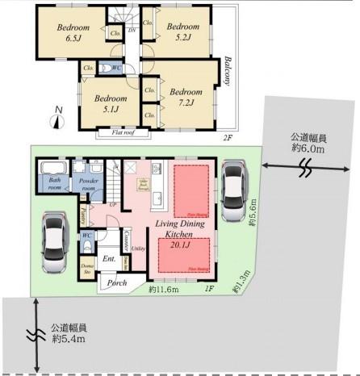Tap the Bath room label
tap(55, 182)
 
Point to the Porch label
tap(118, 283)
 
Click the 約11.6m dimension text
tap(165, 287)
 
